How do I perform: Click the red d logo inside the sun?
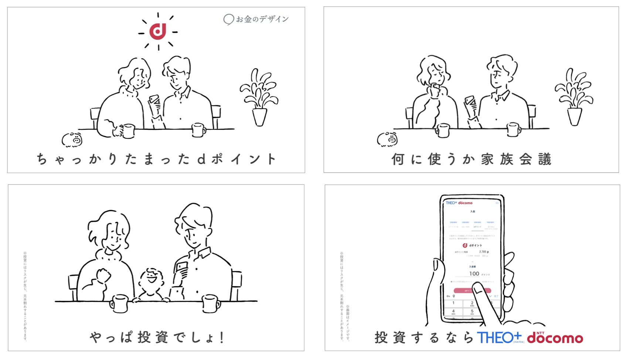click(x=158, y=31)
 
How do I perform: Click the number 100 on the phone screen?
click(x=474, y=274)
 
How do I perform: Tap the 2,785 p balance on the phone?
click(x=484, y=252)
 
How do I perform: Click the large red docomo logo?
click(x=555, y=338)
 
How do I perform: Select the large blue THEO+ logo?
click(x=499, y=337)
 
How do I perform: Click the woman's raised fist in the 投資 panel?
click(x=103, y=275)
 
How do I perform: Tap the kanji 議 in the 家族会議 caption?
click(x=544, y=159)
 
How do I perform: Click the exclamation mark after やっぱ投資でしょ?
click(x=222, y=337)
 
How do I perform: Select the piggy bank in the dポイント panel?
click(x=72, y=139)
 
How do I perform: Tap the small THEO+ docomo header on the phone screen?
click(x=459, y=203)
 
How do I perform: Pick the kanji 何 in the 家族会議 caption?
click(x=398, y=159)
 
